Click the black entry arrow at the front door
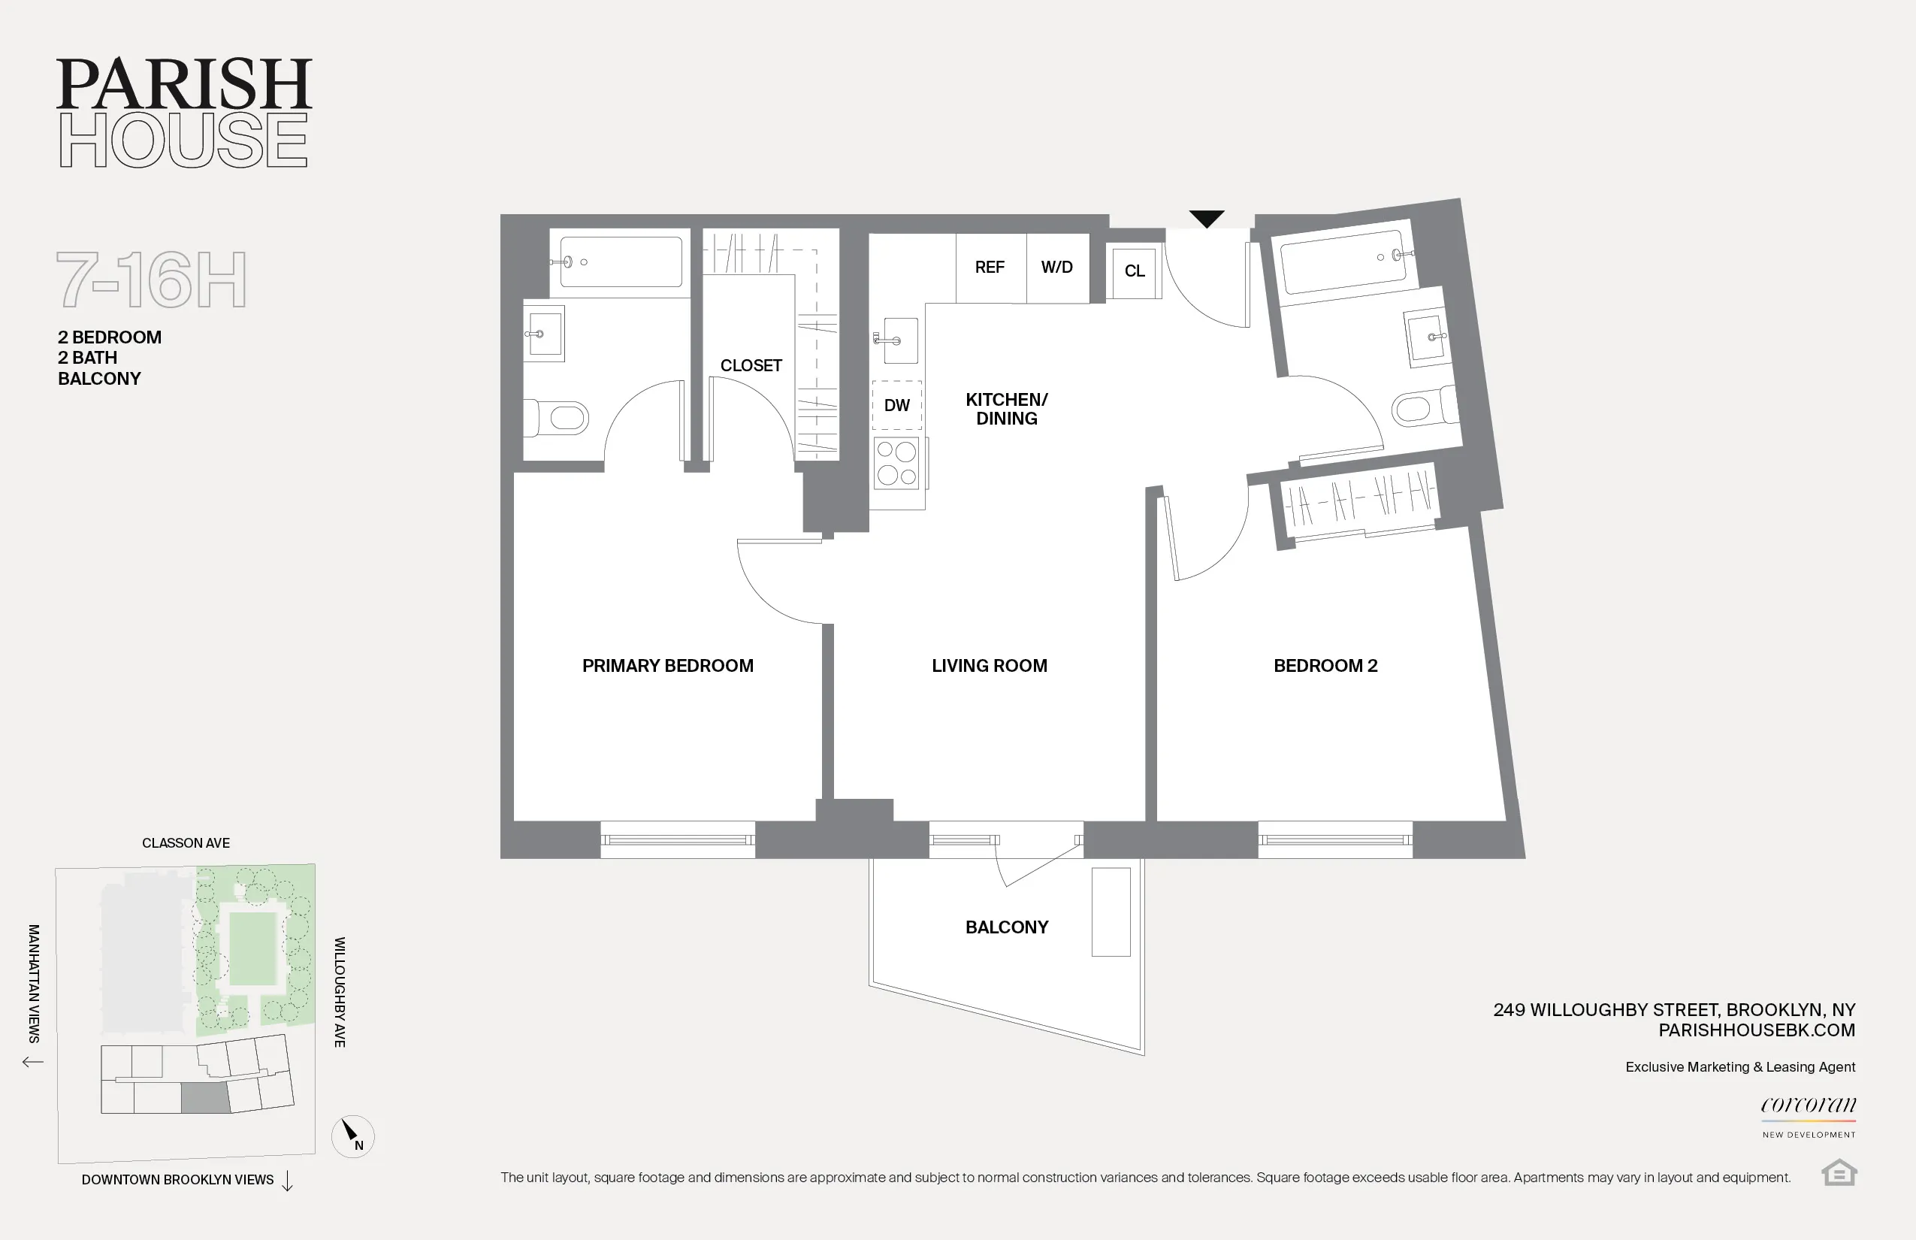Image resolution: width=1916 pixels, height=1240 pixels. [x=1206, y=218]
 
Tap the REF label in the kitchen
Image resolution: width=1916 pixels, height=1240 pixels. [x=990, y=268]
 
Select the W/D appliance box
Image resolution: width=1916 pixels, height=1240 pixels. [x=1057, y=268]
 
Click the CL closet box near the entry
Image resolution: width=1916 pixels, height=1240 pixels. [x=1135, y=271]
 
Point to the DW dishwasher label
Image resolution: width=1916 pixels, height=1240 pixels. [x=897, y=406]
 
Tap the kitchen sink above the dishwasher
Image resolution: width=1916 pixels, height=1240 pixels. [x=897, y=340]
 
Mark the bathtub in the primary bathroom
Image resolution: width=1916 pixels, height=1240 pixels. [x=620, y=262]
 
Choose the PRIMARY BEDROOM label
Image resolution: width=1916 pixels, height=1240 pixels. [x=667, y=666]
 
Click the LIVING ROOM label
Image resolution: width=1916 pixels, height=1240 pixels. [x=989, y=666]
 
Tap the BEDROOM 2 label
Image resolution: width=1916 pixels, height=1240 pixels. [x=1325, y=666]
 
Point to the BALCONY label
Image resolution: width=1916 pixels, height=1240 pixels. [x=1006, y=927]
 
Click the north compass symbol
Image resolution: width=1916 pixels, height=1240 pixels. [x=352, y=1136]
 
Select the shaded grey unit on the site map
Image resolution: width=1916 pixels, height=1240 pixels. [x=205, y=1098]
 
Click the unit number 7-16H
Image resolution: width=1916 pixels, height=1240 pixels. [x=151, y=280]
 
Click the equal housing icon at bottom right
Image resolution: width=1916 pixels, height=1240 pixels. [x=1839, y=1172]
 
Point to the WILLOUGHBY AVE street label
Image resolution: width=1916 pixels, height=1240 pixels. [x=340, y=992]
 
